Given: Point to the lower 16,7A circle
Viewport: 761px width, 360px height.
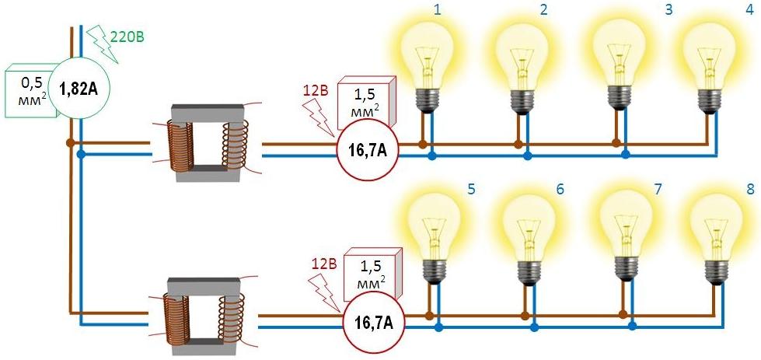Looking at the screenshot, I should pos(374,320).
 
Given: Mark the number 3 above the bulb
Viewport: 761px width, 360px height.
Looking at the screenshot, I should pos(645,10).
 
